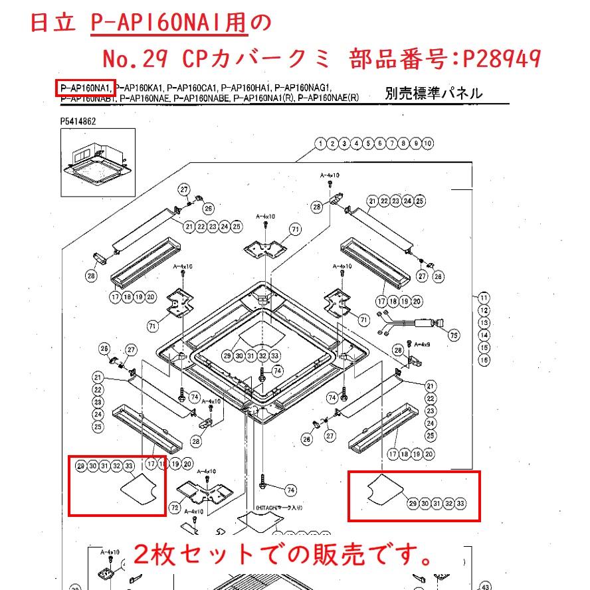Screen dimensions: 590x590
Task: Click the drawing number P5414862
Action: (x=78, y=121)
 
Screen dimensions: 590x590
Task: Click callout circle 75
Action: (x=454, y=336)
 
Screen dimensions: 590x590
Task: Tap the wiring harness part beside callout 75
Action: (x=411, y=324)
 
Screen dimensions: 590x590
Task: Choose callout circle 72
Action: (x=175, y=508)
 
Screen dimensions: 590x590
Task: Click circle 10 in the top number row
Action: (x=428, y=144)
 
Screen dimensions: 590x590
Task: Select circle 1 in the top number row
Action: (x=320, y=144)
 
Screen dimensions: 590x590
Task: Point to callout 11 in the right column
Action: (x=484, y=298)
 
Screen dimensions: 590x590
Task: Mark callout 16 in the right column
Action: (x=484, y=359)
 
